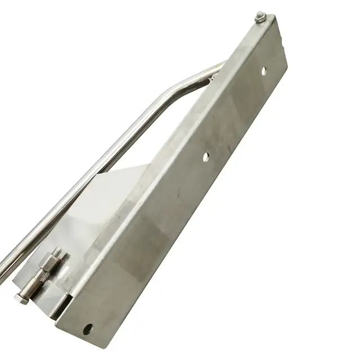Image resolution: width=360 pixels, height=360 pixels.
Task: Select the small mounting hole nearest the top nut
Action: [264, 70]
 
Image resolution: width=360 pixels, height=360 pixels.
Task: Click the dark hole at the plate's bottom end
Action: [88, 328]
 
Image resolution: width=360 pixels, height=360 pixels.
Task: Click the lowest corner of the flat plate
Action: [79, 338]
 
